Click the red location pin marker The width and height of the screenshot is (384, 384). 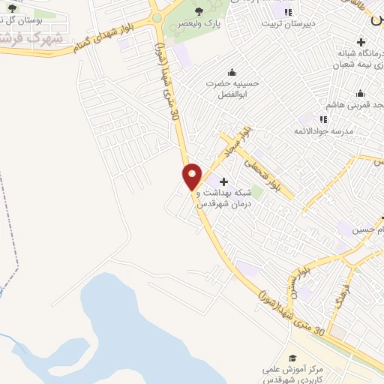coord(193,176)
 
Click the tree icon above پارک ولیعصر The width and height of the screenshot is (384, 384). coord(199,10)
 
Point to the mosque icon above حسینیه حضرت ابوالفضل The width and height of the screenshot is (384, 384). coord(232,72)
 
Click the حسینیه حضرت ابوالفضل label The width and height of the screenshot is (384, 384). coord(232,89)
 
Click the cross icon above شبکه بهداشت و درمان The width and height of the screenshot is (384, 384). coord(223,181)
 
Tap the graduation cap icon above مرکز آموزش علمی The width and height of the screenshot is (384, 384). coord(292,358)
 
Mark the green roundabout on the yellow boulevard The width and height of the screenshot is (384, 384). coord(157,17)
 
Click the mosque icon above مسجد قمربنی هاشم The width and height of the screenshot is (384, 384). coord(360,94)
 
